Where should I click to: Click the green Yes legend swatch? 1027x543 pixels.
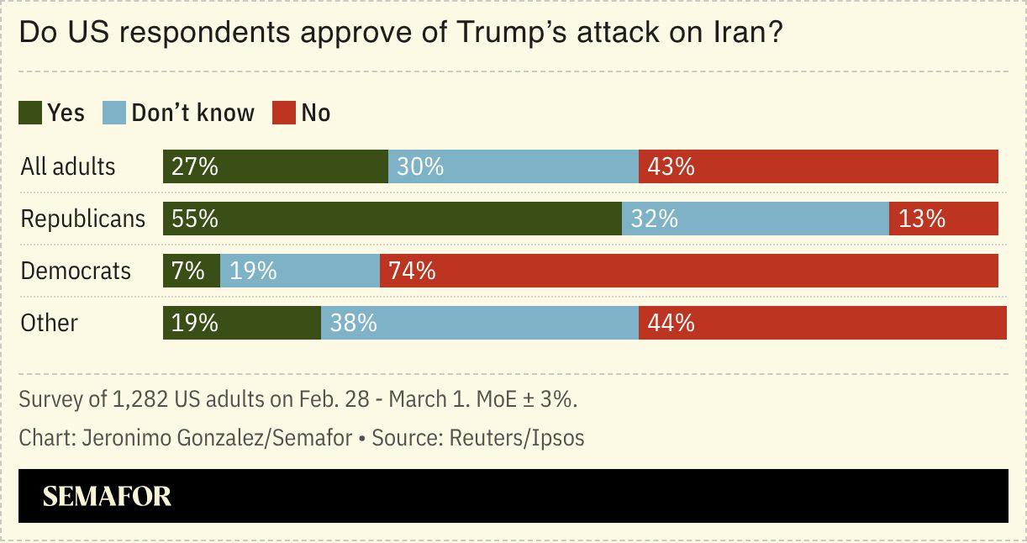[31, 113]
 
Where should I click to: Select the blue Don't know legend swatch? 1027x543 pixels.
[114, 113]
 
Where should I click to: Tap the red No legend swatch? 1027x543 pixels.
[284, 113]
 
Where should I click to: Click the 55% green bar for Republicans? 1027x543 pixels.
[392, 219]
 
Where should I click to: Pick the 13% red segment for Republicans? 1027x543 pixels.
[943, 219]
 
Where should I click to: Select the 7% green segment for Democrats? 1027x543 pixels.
[192, 271]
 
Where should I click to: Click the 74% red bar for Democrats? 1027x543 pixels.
[688, 271]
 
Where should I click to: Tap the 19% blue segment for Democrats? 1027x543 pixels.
[299, 271]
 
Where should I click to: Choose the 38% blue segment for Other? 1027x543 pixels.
[479, 323]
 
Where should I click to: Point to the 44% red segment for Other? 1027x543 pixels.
[822, 323]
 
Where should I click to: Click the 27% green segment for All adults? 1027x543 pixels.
[275, 166]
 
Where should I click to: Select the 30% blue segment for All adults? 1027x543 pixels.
[513, 166]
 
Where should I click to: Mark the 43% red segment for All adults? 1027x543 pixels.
[818, 166]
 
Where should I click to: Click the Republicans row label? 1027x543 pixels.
[82, 219]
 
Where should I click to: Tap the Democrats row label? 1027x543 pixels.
[76, 271]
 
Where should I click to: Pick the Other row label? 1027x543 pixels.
[49, 323]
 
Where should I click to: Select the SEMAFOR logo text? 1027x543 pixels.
[107, 496]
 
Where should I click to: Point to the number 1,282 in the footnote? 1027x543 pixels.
[137, 399]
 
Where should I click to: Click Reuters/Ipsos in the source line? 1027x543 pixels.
[516, 438]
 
